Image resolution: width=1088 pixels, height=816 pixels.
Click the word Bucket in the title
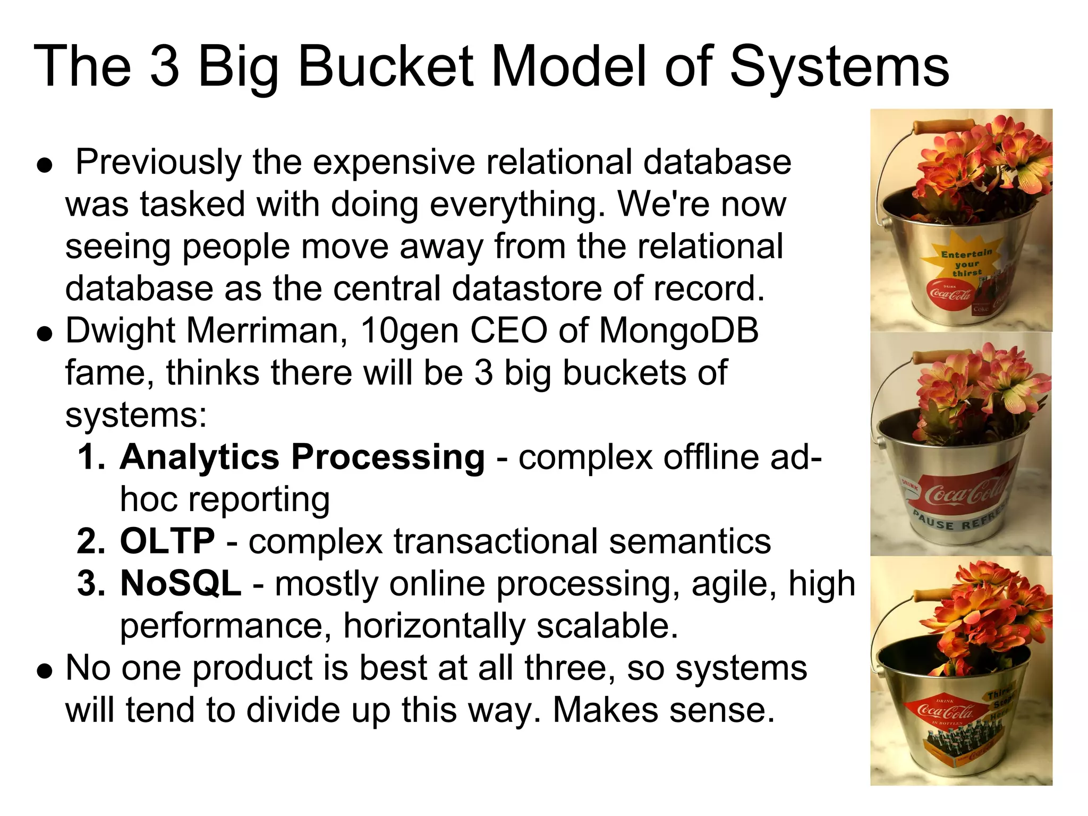pos(385,66)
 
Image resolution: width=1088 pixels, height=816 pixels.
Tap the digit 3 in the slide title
pos(165,66)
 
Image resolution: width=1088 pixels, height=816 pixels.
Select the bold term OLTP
pos(167,541)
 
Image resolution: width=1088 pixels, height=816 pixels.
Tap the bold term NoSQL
pos(181,583)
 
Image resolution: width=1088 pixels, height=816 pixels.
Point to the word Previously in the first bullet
pos(158,162)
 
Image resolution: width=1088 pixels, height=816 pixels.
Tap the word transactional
pos(495,541)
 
